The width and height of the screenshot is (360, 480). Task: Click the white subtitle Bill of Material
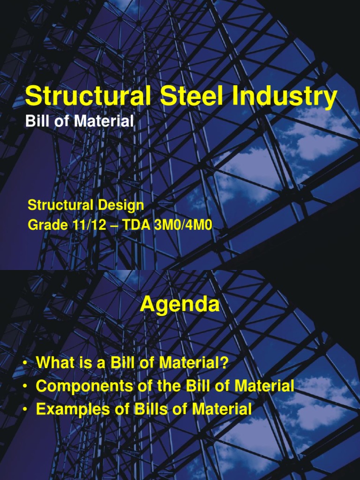coord(79,121)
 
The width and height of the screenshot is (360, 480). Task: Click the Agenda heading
coord(180,305)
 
